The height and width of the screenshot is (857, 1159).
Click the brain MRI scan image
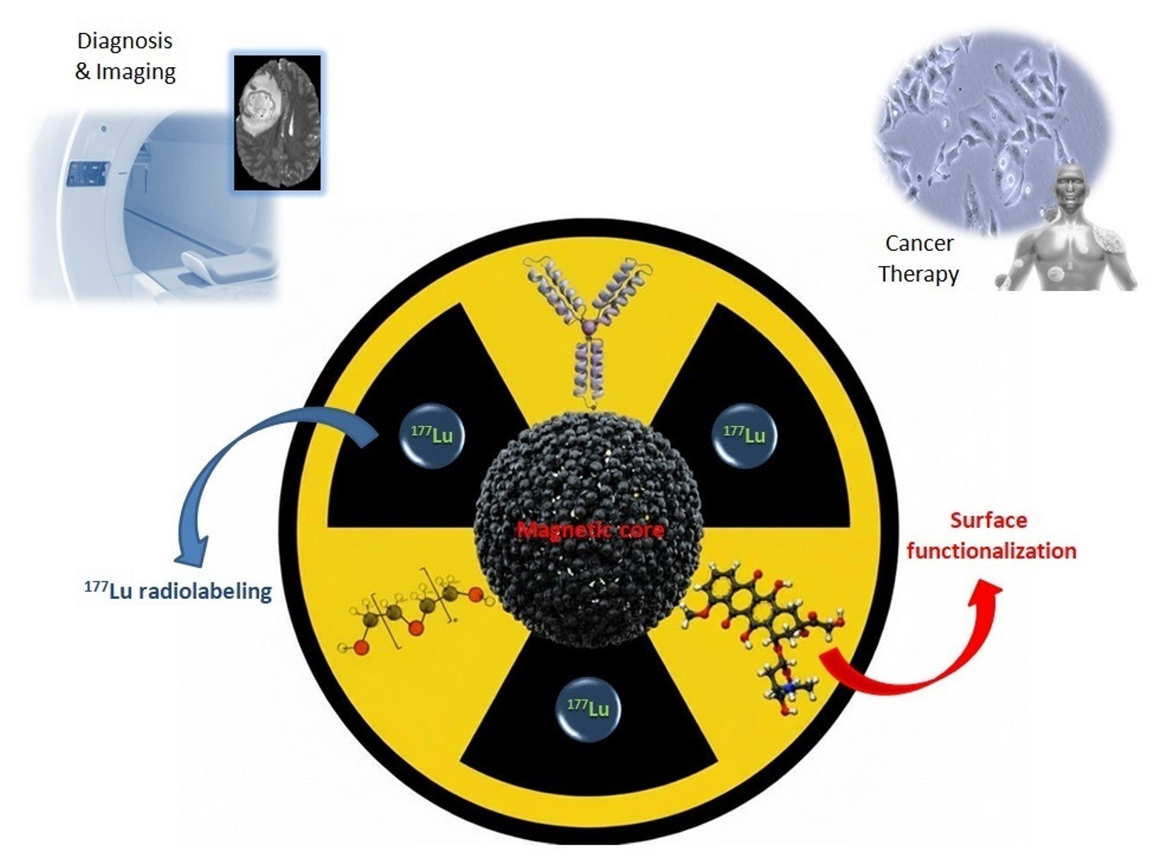pos(277,122)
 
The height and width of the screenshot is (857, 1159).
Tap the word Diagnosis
pos(124,41)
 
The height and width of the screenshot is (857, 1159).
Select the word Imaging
pos(136,72)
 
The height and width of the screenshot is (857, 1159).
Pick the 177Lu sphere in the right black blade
pos(745,435)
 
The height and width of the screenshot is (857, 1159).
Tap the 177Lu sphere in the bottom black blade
pos(589,708)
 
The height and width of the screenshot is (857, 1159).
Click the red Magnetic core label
pos(590,530)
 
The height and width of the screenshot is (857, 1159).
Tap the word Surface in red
pos(988,520)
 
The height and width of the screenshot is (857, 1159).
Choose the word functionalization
pos(991,551)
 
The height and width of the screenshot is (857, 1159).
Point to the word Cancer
pos(919,243)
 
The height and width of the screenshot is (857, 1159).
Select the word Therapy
pos(918,274)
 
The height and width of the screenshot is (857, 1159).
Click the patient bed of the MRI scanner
pos(221,264)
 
